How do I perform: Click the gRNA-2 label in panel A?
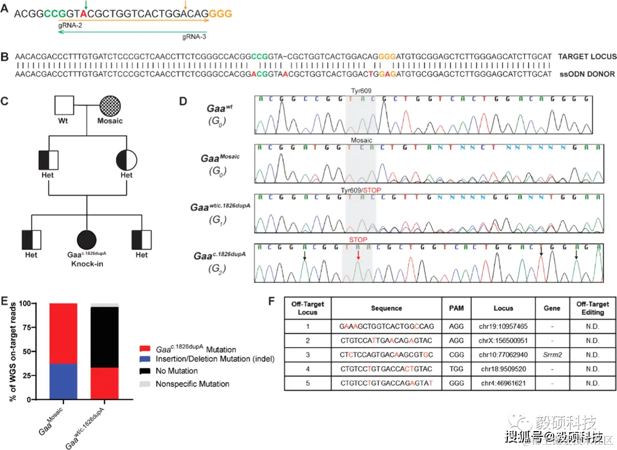point(70,26)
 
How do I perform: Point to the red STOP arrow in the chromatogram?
point(358,256)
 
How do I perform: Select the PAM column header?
point(456,308)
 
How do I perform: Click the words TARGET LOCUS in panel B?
point(587,57)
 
